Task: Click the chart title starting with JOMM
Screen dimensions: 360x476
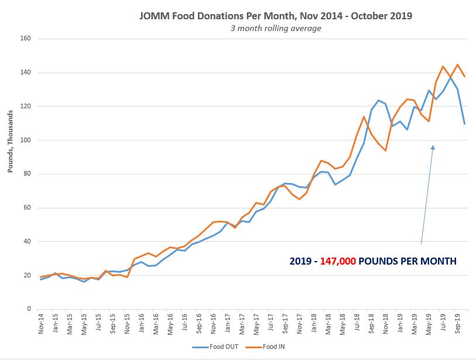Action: [275, 16]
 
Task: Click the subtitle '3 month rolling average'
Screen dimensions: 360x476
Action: [275, 28]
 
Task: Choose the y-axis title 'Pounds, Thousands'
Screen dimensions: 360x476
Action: [10, 140]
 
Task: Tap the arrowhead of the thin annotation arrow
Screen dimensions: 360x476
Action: [433, 148]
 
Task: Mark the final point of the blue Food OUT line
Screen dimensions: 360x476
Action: [465, 124]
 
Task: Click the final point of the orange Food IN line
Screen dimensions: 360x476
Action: [465, 77]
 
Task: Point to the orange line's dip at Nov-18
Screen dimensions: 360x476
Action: [386, 150]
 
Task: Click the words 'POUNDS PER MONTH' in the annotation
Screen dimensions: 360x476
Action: [407, 261]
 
